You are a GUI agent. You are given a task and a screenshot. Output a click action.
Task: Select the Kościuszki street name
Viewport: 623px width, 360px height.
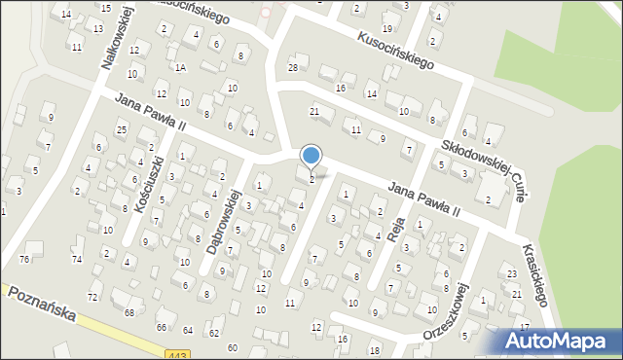(144, 172)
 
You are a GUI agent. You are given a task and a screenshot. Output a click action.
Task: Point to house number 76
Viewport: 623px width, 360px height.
(24, 259)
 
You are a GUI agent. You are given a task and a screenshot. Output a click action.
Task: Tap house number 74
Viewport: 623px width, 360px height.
(77, 259)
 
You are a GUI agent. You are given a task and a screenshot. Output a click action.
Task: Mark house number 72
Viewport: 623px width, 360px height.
(92, 296)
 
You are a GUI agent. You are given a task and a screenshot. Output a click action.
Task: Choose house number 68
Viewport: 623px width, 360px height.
(128, 312)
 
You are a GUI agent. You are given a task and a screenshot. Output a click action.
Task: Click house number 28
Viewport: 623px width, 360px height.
(292, 66)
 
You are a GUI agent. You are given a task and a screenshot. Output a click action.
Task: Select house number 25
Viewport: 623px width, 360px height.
(122, 129)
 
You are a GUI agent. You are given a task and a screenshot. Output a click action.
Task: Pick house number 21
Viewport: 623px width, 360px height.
(314, 112)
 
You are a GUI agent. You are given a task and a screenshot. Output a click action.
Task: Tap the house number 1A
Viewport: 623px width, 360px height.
(180, 67)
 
